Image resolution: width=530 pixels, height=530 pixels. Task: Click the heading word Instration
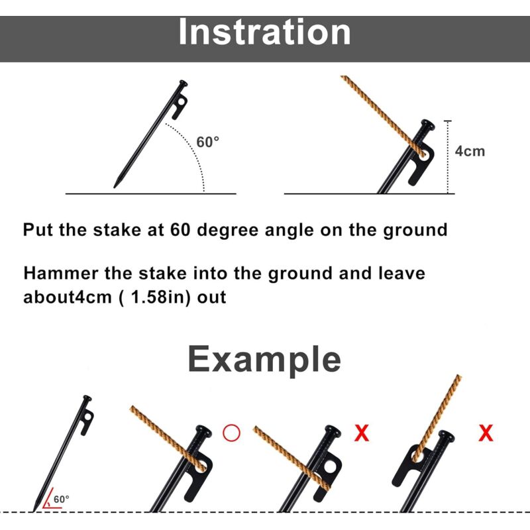(x=264, y=32)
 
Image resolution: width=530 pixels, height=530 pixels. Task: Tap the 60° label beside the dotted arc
(x=207, y=142)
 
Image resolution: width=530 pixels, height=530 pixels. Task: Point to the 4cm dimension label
(x=470, y=151)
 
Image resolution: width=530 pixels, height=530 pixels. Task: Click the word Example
(x=264, y=360)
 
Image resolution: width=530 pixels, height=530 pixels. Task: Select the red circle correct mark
(x=231, y=433)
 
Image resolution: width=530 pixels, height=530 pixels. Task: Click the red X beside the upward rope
(x=486, y=433)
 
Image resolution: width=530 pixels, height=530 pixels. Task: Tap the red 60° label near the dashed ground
(x=62, y=500)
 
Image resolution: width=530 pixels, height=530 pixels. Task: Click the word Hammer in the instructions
(x=61, y=273)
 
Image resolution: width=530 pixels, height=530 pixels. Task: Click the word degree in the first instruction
(x=228, y=231)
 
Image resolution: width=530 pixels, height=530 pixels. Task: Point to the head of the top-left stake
(x=183, y=83)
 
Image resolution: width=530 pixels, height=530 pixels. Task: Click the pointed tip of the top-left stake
(x=114, y=187)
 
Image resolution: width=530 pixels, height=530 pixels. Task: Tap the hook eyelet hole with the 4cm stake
(x=423, y=155)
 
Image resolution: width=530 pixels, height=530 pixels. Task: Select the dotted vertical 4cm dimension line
(x=448, y=157)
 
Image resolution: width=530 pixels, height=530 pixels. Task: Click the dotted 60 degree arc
(x=193, y=148)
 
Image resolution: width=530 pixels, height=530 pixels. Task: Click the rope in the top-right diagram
(x=382, y=115)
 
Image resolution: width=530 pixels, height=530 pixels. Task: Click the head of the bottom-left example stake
(x=87, y=398)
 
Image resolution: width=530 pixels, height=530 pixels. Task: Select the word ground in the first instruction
(x=415, y=231)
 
